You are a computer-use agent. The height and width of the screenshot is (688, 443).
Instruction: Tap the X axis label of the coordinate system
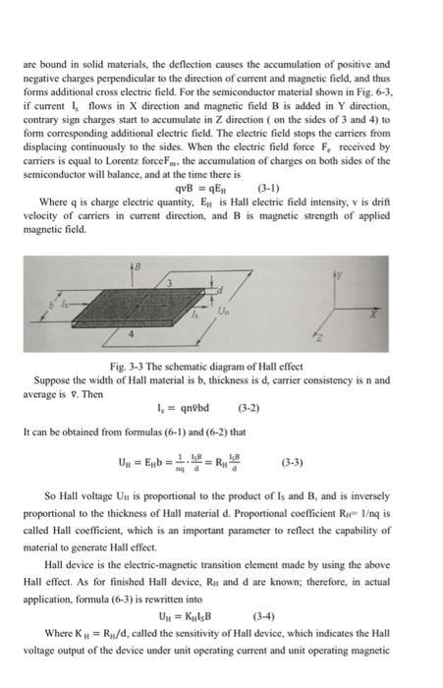371,317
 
